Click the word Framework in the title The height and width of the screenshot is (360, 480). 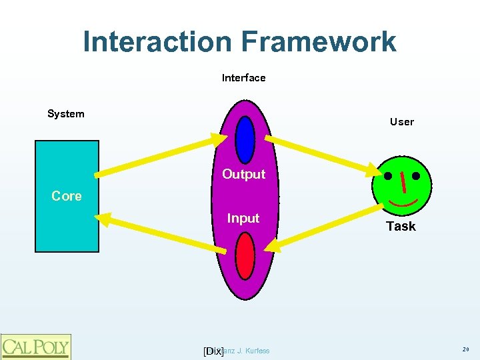(x=318, y=42)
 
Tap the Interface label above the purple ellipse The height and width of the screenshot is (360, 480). (x=243, y=78)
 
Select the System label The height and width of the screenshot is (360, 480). (x=65, y=114)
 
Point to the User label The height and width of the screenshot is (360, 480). (x=401, y=122)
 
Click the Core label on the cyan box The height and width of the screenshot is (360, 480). (x=67, y=196)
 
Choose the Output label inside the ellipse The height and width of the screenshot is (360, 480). (x=243, y=175)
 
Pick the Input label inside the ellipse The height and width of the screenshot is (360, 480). (x=243, y=219)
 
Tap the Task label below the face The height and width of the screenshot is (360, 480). (x=401, y=227)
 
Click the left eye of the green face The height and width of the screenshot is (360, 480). (x=388, y=177)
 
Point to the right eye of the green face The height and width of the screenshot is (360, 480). (x=416, y=177)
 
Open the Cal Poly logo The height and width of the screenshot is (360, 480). (x=35, y=347)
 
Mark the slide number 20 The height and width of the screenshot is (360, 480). (x=465, y=349)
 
